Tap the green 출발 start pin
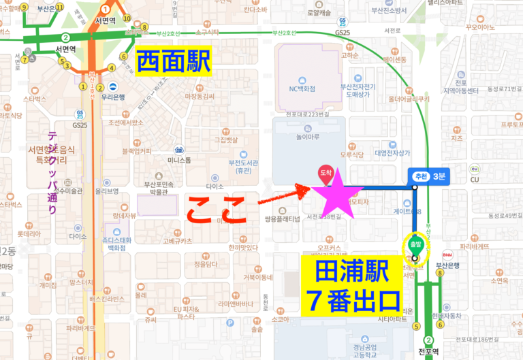point(414,246)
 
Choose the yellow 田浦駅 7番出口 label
point(352,286)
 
